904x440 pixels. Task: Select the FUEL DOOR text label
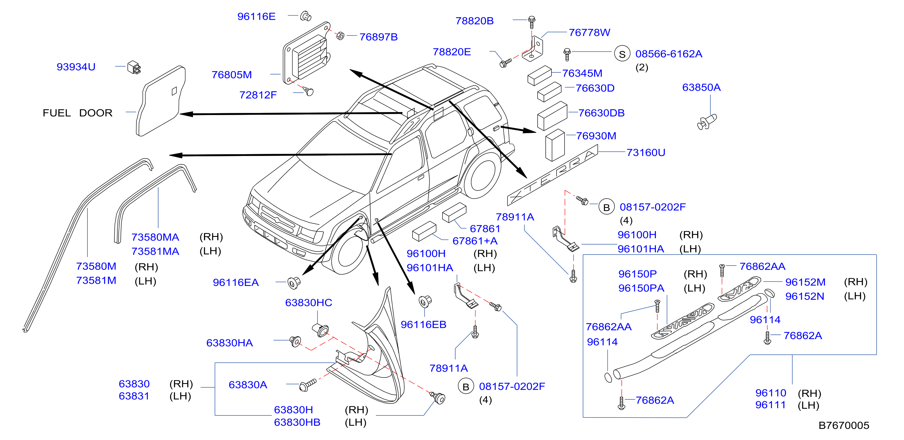click(x=78, y=113)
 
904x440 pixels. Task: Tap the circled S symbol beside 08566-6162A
click(x=622, y=54)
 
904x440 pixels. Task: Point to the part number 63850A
click(x=701, y=87)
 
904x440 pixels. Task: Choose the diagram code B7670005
click(x=844, y=425)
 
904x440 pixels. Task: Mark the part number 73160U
click(x=646, y=152)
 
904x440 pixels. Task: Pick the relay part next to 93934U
click(x=134, y=67)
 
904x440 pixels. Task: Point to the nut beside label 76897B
click(x=340, y=36)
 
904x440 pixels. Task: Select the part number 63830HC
click(x=309, y=303)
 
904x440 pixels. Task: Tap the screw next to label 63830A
click(x=307, y=385)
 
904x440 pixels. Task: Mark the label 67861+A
click(x=475, y=241)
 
